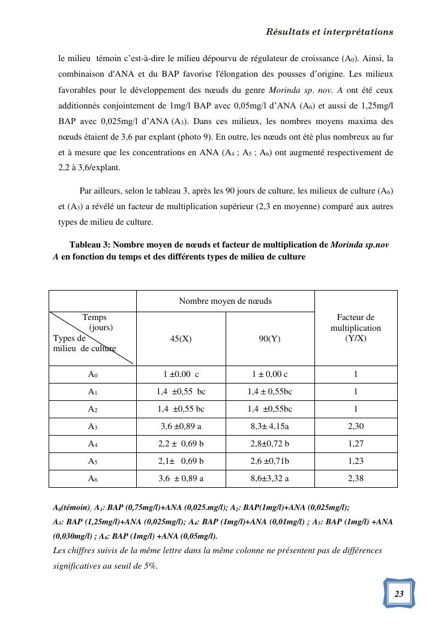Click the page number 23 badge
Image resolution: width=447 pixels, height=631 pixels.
399,593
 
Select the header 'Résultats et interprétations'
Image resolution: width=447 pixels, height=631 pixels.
329,32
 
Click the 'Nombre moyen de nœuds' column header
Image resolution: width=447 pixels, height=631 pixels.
225,301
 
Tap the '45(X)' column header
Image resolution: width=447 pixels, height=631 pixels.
181,339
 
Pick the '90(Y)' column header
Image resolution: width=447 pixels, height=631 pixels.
269,339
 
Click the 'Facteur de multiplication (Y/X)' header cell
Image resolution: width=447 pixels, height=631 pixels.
355,328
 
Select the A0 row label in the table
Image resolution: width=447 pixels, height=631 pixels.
92,375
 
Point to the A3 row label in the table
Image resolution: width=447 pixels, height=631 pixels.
92,427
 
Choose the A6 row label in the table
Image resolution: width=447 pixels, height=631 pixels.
92,479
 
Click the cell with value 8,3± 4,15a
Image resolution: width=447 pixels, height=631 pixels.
269,427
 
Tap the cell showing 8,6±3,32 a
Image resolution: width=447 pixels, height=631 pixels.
269,479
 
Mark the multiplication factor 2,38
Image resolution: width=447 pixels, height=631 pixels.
355,479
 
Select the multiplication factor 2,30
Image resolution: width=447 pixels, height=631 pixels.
355,427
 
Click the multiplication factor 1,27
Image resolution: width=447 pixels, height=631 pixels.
355,444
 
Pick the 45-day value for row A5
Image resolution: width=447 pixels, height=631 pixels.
181,461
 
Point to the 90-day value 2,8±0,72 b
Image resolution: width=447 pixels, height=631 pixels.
269,444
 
